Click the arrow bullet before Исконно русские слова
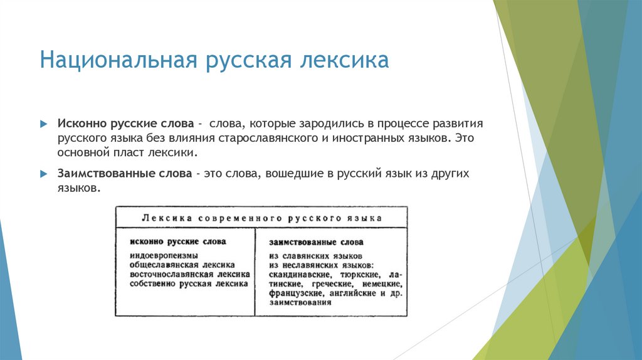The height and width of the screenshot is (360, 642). click(x=43, y=124)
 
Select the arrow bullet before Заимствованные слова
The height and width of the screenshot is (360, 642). click(x=43, y=174)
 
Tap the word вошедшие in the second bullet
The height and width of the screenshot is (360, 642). click(x=295, y=173)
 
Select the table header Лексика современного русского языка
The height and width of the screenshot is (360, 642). click(x=262, y=218)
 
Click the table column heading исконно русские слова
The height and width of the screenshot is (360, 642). click(x=178, y=241)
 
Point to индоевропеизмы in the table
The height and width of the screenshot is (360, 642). click(x=164, y=256)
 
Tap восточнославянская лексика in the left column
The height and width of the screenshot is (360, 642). click(x=191, y=275)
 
